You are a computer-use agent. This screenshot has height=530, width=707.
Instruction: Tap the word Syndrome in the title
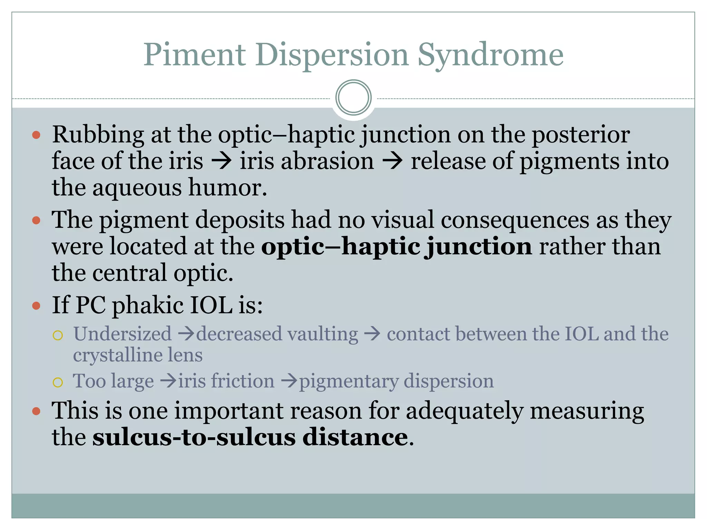pyautogui.click(x=490, y=55)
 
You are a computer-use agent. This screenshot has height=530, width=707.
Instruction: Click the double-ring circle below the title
pyautogui.click(x=353, y=98)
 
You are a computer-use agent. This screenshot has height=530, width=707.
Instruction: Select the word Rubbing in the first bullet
pyautogui.click(x=98, y=135)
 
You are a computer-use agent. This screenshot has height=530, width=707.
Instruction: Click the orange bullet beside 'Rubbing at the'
pyautogui.click(x=36, y=135)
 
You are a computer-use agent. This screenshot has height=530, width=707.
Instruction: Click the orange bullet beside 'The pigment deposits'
pyautogui.click(x=36, y=220)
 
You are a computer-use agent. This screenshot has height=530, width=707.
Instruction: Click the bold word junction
pyautogui.click(x=478, y=247)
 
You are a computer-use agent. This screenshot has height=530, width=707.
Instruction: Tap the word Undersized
pyautogui.click(x=122, y=334)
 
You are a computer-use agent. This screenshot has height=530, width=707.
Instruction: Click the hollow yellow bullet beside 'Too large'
pyautogui.click(x=58, y=382)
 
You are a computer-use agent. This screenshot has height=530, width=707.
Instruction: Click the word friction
pyautogui.click(x=243, y=381)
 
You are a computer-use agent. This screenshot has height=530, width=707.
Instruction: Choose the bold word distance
pyautogui.click(x=355, y=438)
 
